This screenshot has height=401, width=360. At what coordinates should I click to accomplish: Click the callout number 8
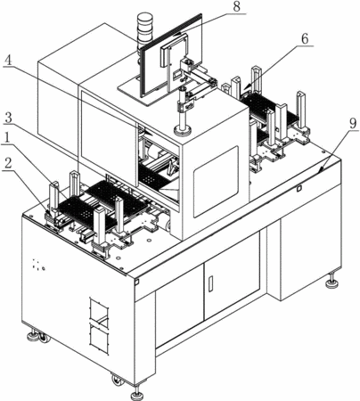point(236,6)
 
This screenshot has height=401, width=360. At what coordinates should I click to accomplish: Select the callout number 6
point(305,39)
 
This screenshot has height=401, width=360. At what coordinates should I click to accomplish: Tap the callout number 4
point(8,61)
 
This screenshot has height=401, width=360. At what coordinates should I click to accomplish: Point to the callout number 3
point(9,119)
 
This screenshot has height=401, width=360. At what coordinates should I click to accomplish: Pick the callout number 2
point(8,164)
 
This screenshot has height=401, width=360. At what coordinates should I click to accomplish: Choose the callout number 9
point(353,124)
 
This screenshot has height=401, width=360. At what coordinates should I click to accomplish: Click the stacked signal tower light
point(144,29)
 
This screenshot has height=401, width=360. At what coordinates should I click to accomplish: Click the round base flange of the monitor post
point(182,130)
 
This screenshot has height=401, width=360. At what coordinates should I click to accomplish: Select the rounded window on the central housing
point(216,182)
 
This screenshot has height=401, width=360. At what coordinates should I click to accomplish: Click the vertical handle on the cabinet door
point(210,284)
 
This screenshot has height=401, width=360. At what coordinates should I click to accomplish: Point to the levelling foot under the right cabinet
point(331,282)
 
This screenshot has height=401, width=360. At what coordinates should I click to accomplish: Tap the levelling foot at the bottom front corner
point(137,393)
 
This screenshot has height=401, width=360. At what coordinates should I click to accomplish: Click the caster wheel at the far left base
point(45,338)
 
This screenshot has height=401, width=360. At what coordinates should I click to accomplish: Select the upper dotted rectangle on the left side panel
point(99,309)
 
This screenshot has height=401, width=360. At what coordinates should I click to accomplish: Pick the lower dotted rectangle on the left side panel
point(99,339)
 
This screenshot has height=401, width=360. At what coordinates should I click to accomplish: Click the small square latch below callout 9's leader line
point(299,188)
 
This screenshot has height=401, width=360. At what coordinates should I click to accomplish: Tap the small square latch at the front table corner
point(136,282)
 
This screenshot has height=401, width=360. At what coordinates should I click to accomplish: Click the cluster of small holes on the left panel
point(38,265)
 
